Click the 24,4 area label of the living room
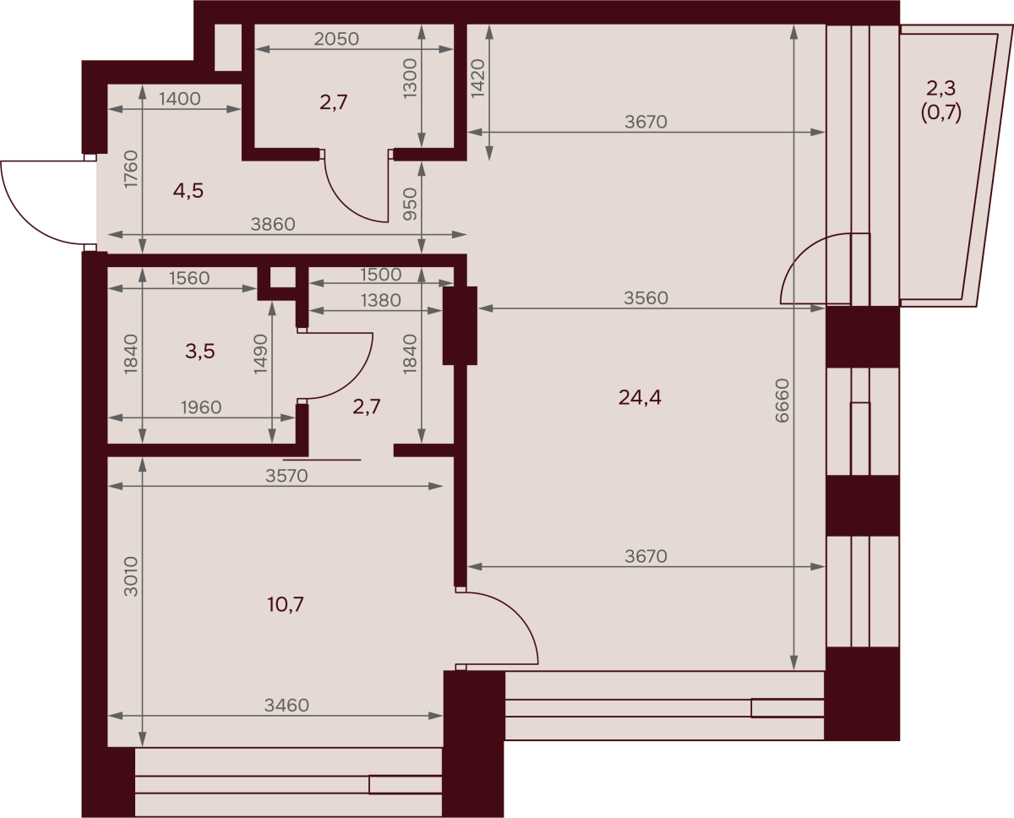click(x=640, y=398)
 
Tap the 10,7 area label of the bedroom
click(x=286, y=604)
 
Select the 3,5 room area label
click(x=199, y=352)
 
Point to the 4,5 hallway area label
click(x=188, y=191)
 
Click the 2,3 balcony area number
click(x=941, y=88)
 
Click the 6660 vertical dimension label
click(x=782, y=401)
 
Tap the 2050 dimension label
click(x=336, y=39)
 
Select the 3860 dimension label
click(x=273, y=224)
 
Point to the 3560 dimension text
click(x=646, y=297)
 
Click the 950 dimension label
click(x=411, y=204)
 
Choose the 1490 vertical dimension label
click(x=260, y=354)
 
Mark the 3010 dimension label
click(x=130, y=577)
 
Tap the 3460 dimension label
click(x=286, y=706)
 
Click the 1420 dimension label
click(x=477, y=79)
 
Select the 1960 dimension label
click(x=201, y=407)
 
